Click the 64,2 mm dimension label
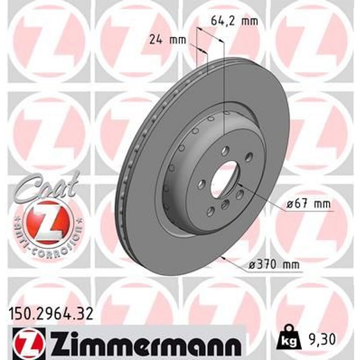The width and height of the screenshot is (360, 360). [x=233, y=21]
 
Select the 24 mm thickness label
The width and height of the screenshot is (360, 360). [x=168, y=40]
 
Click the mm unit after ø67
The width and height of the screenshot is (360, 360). [x=323, y=204]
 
